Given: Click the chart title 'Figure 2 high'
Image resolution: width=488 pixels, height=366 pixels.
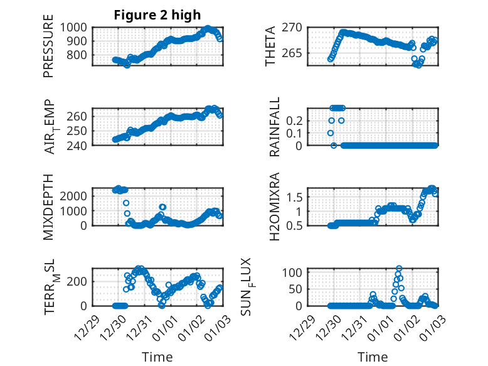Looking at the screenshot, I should pyautogui.click(x=157, y=15).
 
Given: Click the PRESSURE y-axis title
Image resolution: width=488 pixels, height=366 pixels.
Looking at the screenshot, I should pyautogui.click(x=48, y=50).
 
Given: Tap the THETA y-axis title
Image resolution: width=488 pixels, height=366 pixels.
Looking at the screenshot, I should pyautogui.click(x=270, y=46).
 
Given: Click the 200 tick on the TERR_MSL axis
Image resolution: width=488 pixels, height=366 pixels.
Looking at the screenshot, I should pyautogui.click(x=78, y=281).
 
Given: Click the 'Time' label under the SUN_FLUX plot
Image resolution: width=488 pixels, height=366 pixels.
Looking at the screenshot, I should pyautogui.click(x=373, y=357).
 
